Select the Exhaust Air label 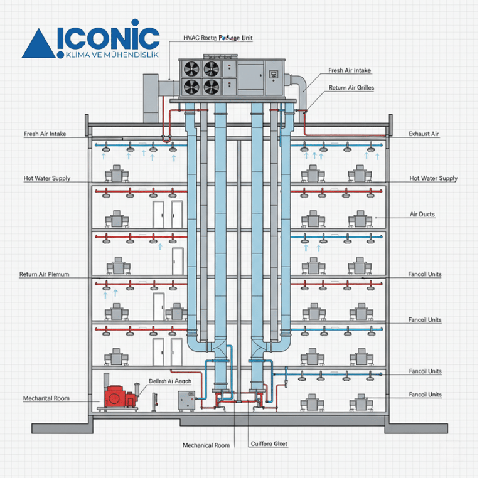[424, 134]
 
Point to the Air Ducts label [422, 215]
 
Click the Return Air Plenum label [44, 275]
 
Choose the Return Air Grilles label [351, 88]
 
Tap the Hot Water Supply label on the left [47, 179]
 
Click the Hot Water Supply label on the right [433, 179]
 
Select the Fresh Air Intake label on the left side [45, 134]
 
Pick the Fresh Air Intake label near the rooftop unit [349, 72]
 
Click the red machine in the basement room [120, 397]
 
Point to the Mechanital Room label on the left [46, 398]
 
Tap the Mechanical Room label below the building [206, 445]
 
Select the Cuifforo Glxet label [269, 444]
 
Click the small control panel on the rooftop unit [274, 75]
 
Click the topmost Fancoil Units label [425, 275]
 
